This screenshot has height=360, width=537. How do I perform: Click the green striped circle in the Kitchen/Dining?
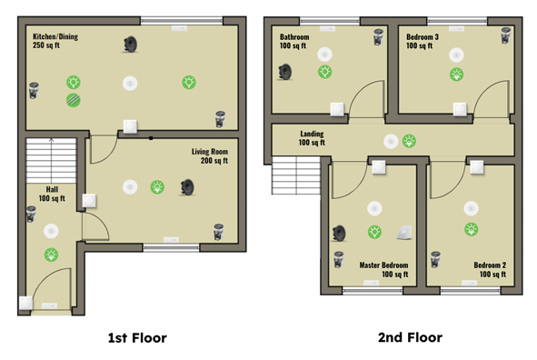pos(74,100)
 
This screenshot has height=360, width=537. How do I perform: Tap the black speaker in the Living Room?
pos(188,187)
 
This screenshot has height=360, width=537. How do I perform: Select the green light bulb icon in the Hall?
pos(52,255)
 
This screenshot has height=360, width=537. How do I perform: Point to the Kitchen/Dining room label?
pos(55,41)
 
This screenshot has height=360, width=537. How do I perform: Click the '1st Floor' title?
pos(137,338)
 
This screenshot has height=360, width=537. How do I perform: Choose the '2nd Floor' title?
pos(410,337)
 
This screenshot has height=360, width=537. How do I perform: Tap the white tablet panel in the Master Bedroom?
pos(404,232)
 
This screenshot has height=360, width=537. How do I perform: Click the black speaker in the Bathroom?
pos(285,72)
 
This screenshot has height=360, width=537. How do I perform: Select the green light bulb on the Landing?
pos(409,141)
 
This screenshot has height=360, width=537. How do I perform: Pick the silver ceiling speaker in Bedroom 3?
pos(506,35)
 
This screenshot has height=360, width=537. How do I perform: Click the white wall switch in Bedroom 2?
pos(477,167)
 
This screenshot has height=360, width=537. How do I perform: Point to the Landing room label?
pos(312,138)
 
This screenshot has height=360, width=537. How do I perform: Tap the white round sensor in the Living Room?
pos(130,187)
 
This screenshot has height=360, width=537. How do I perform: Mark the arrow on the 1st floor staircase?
pos(52,160)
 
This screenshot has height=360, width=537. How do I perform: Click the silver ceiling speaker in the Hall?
pos(31,214)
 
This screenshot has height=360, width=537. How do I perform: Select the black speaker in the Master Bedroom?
pos(339,234)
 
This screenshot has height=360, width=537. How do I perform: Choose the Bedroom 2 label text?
pos(490,269)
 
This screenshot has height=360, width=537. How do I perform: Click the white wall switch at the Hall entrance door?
pos(26,303)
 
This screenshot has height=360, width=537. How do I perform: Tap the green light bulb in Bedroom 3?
pos(456,75)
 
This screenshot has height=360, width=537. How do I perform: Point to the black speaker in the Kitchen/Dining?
pos(131,45)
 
